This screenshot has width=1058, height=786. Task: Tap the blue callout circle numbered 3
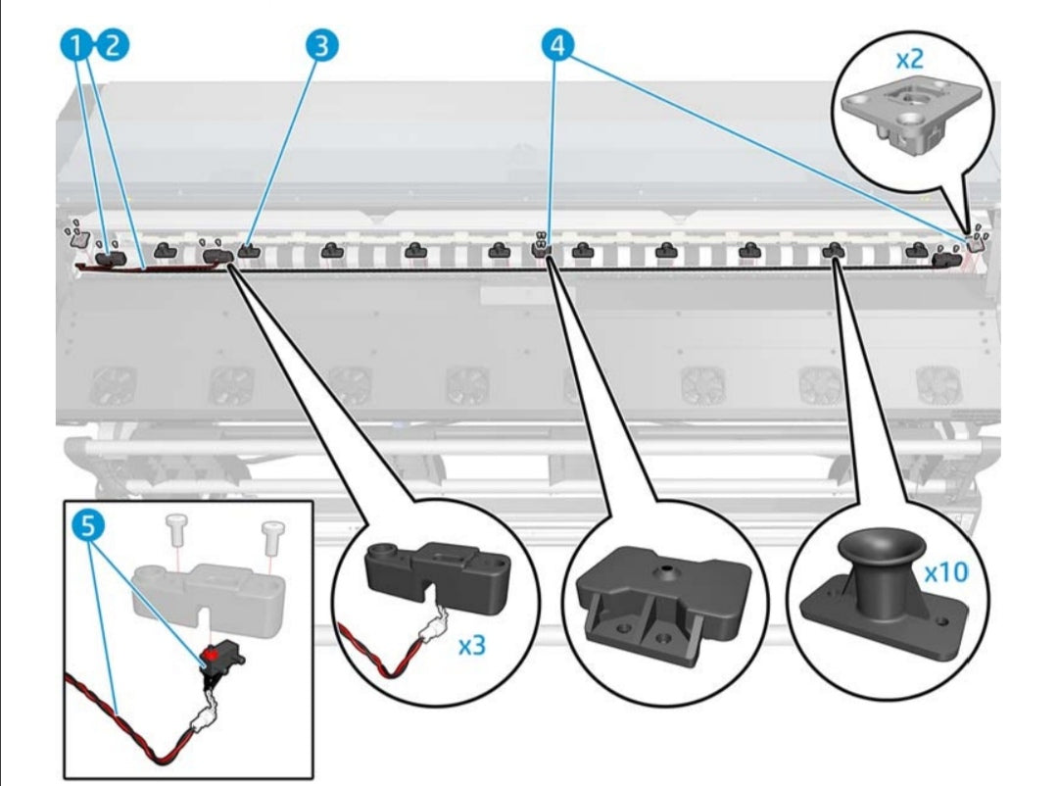(x=322, y=45)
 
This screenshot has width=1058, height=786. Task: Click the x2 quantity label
(x=910, y=59)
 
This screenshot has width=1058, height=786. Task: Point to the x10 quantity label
(x=945, y=571)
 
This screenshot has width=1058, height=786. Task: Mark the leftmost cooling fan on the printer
(x=113, y=385)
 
